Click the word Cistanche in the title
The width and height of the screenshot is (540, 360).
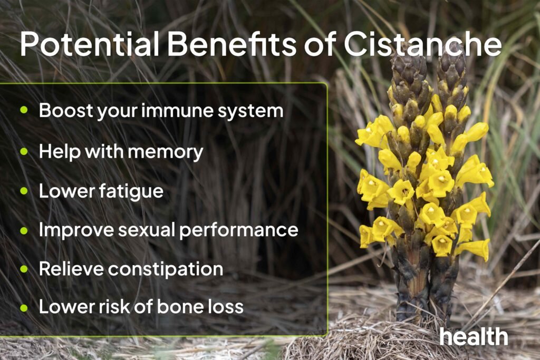422,45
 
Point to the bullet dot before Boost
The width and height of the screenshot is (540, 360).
24,111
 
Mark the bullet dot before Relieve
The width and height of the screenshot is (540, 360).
24,269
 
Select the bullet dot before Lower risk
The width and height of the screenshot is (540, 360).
24,307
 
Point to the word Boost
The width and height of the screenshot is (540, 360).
62,111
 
